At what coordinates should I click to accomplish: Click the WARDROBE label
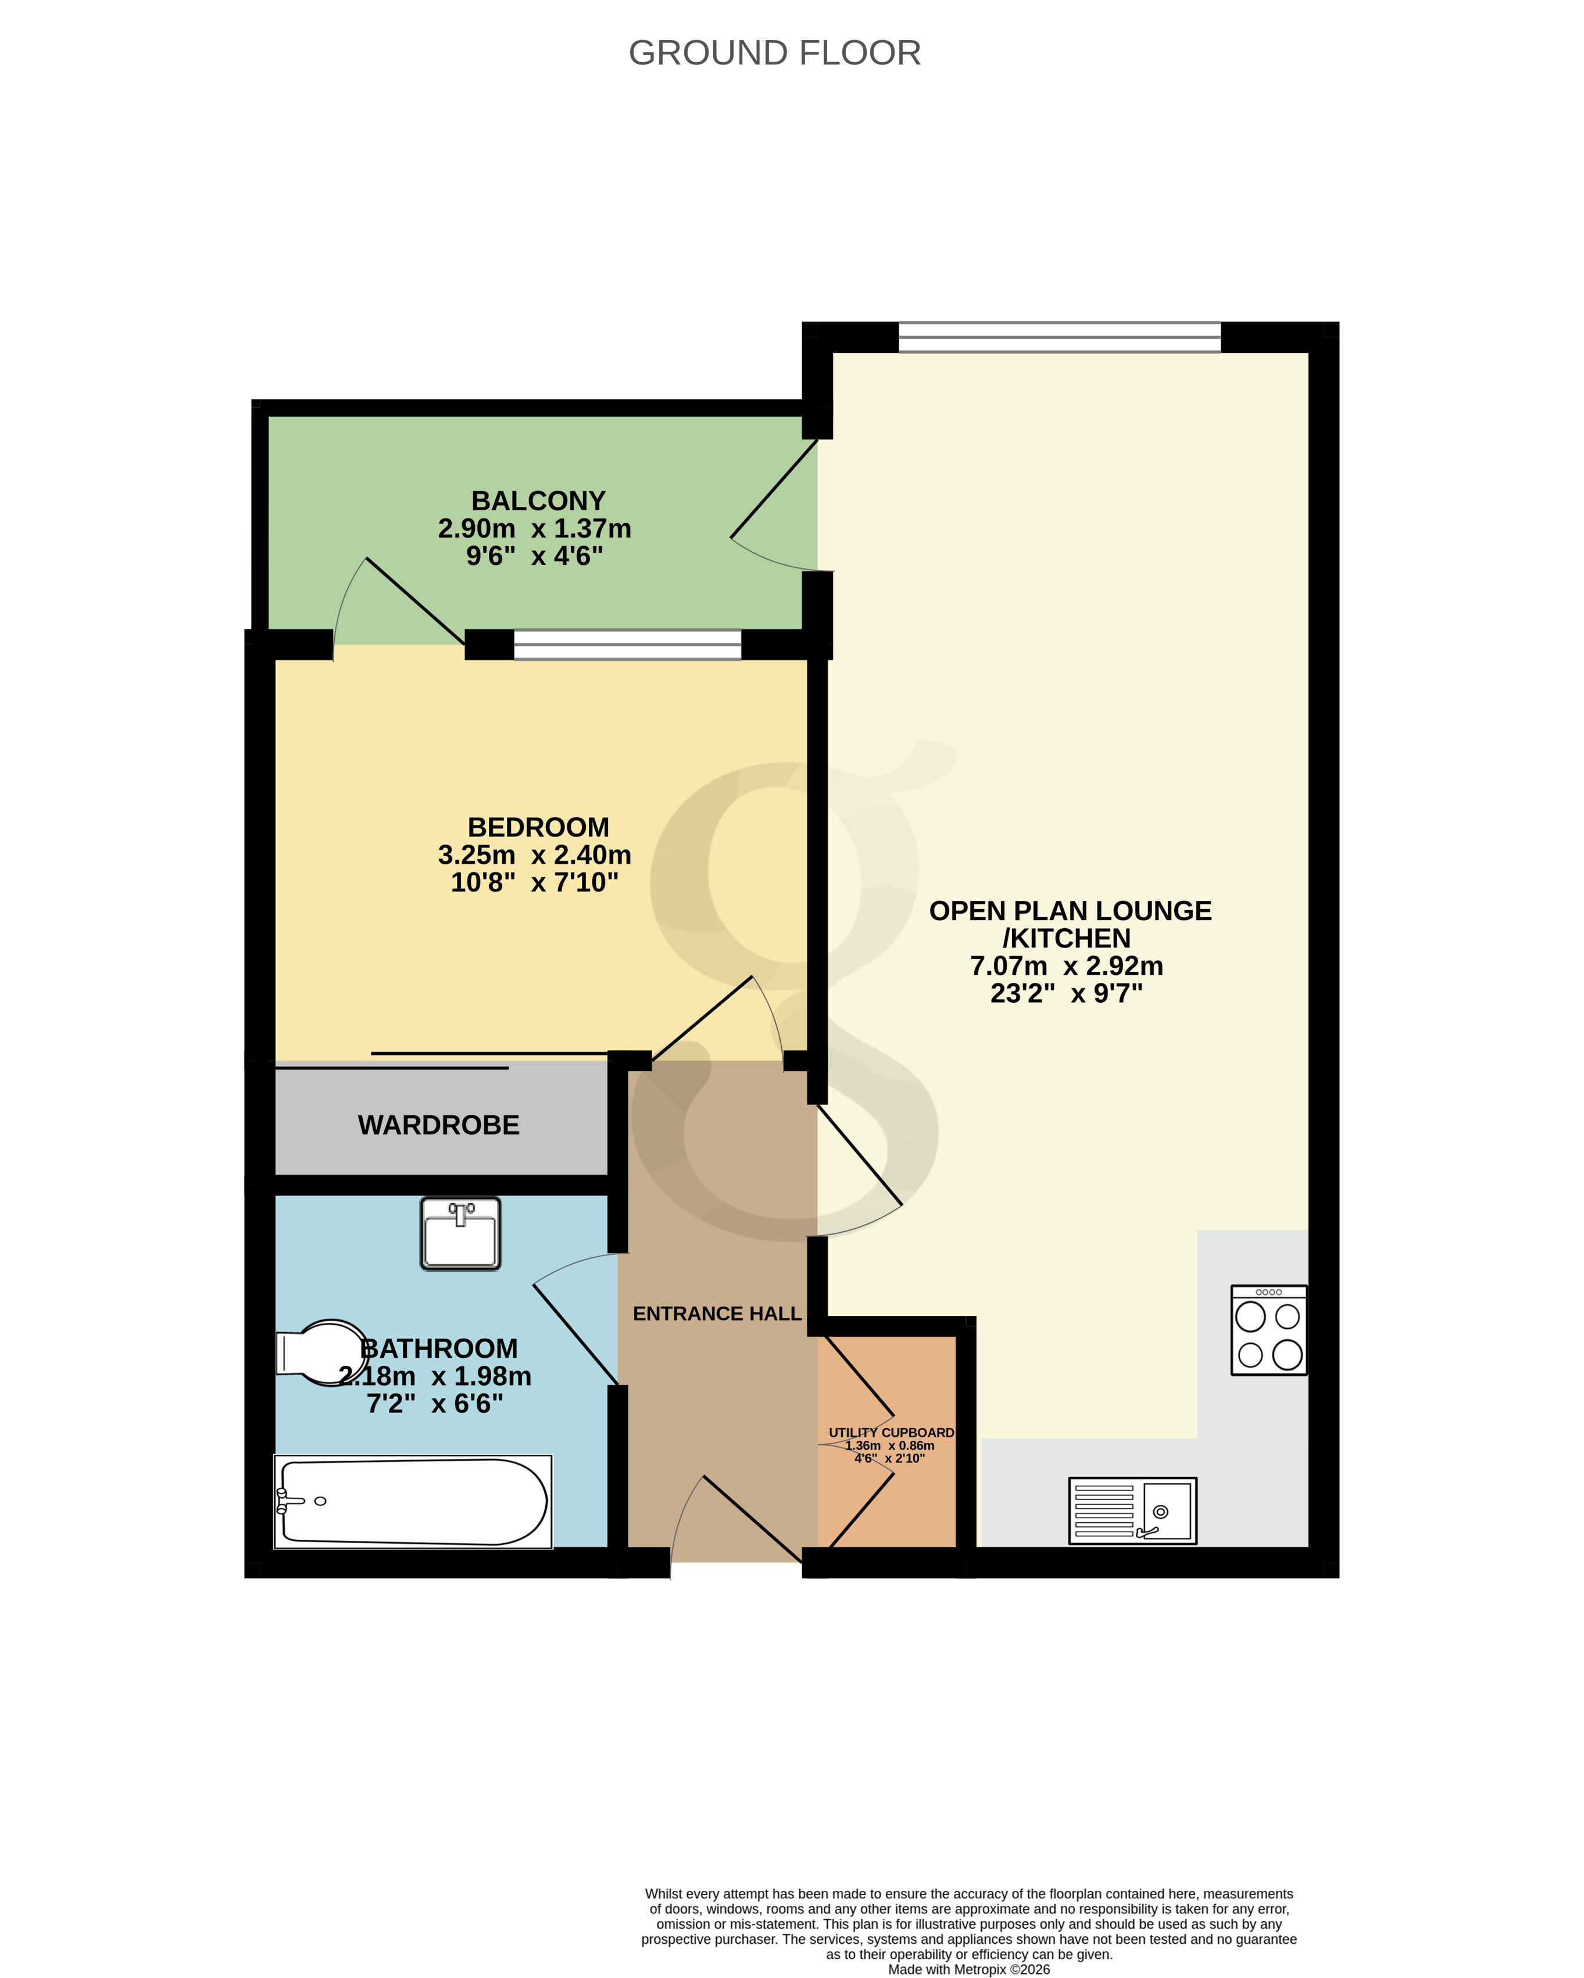[439, 1125]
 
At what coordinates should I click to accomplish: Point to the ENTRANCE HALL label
[717, 1314]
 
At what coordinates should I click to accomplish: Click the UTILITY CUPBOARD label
[890, 1432]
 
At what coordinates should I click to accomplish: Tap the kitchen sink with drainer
[1132, 1510]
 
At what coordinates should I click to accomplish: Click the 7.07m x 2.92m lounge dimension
[1067, 966]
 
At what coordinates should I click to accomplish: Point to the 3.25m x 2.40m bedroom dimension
[534, 855]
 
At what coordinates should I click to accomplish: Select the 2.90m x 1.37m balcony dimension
[534, 528]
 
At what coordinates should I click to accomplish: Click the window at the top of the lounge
[1059, 338]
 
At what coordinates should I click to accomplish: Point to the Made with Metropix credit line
[968, 1969]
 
